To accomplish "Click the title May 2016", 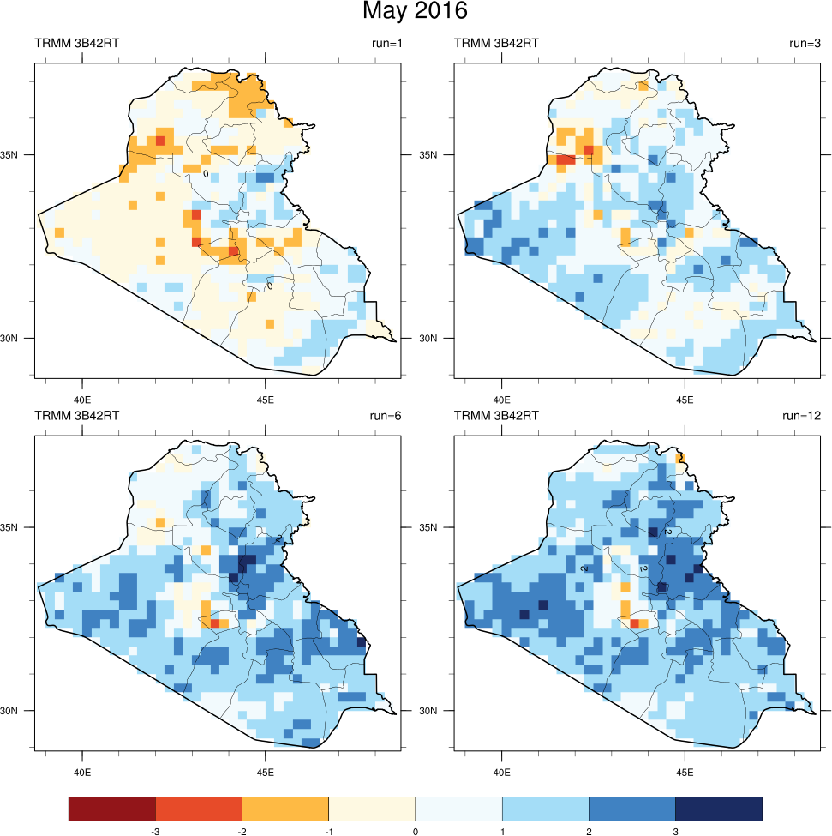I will (415, 12).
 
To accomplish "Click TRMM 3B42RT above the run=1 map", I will (76, 43).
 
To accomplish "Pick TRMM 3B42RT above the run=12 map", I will (496, 416).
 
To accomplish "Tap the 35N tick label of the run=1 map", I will (19, 155).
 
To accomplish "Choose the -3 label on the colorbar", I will (154, 831).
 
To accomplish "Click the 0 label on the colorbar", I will (415, 831).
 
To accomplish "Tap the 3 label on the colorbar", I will (675, 831).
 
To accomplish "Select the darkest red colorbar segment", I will (112, 809).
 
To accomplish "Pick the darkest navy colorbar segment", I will (719, 809).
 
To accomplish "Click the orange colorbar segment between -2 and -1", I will (285, 809).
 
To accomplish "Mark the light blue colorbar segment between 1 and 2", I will (545, 809).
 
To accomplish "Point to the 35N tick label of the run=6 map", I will (19, 527).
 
